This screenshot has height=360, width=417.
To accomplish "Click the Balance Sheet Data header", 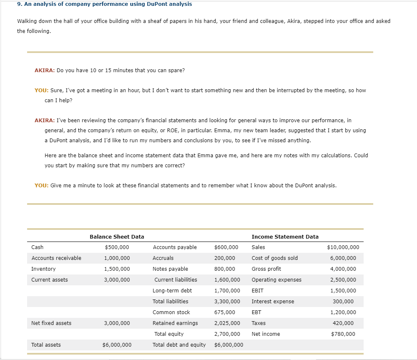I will [x=117, y=237].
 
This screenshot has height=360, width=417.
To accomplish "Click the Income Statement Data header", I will [x=285, y=237].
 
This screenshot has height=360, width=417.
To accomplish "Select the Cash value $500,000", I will [x=117, y=247].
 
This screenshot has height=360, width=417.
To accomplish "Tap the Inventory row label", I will [x=43, y=269].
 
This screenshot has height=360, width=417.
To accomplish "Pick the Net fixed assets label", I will [x=51, y=323].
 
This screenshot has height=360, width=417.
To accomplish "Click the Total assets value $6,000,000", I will [x=117, y=345].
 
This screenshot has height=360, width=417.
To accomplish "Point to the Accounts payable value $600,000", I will [x=226, y=247].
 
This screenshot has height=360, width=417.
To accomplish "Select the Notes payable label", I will [x=170, y=269].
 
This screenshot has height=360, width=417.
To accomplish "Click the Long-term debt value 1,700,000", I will [x=227, y=291].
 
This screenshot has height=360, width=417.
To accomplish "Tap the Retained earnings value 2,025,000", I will [x=227, y=323].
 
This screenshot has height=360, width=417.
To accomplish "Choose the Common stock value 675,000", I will [x=224, y=312].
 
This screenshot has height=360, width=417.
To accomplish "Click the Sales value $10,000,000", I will [x=343, y=247].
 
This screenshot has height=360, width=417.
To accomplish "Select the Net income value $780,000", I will [x=343, y=334].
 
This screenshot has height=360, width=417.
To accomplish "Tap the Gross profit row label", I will [x=266, y=269].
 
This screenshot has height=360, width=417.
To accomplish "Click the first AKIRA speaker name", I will [x=44, y=70].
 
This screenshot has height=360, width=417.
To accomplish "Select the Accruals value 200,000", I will [x=224, y=258].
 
